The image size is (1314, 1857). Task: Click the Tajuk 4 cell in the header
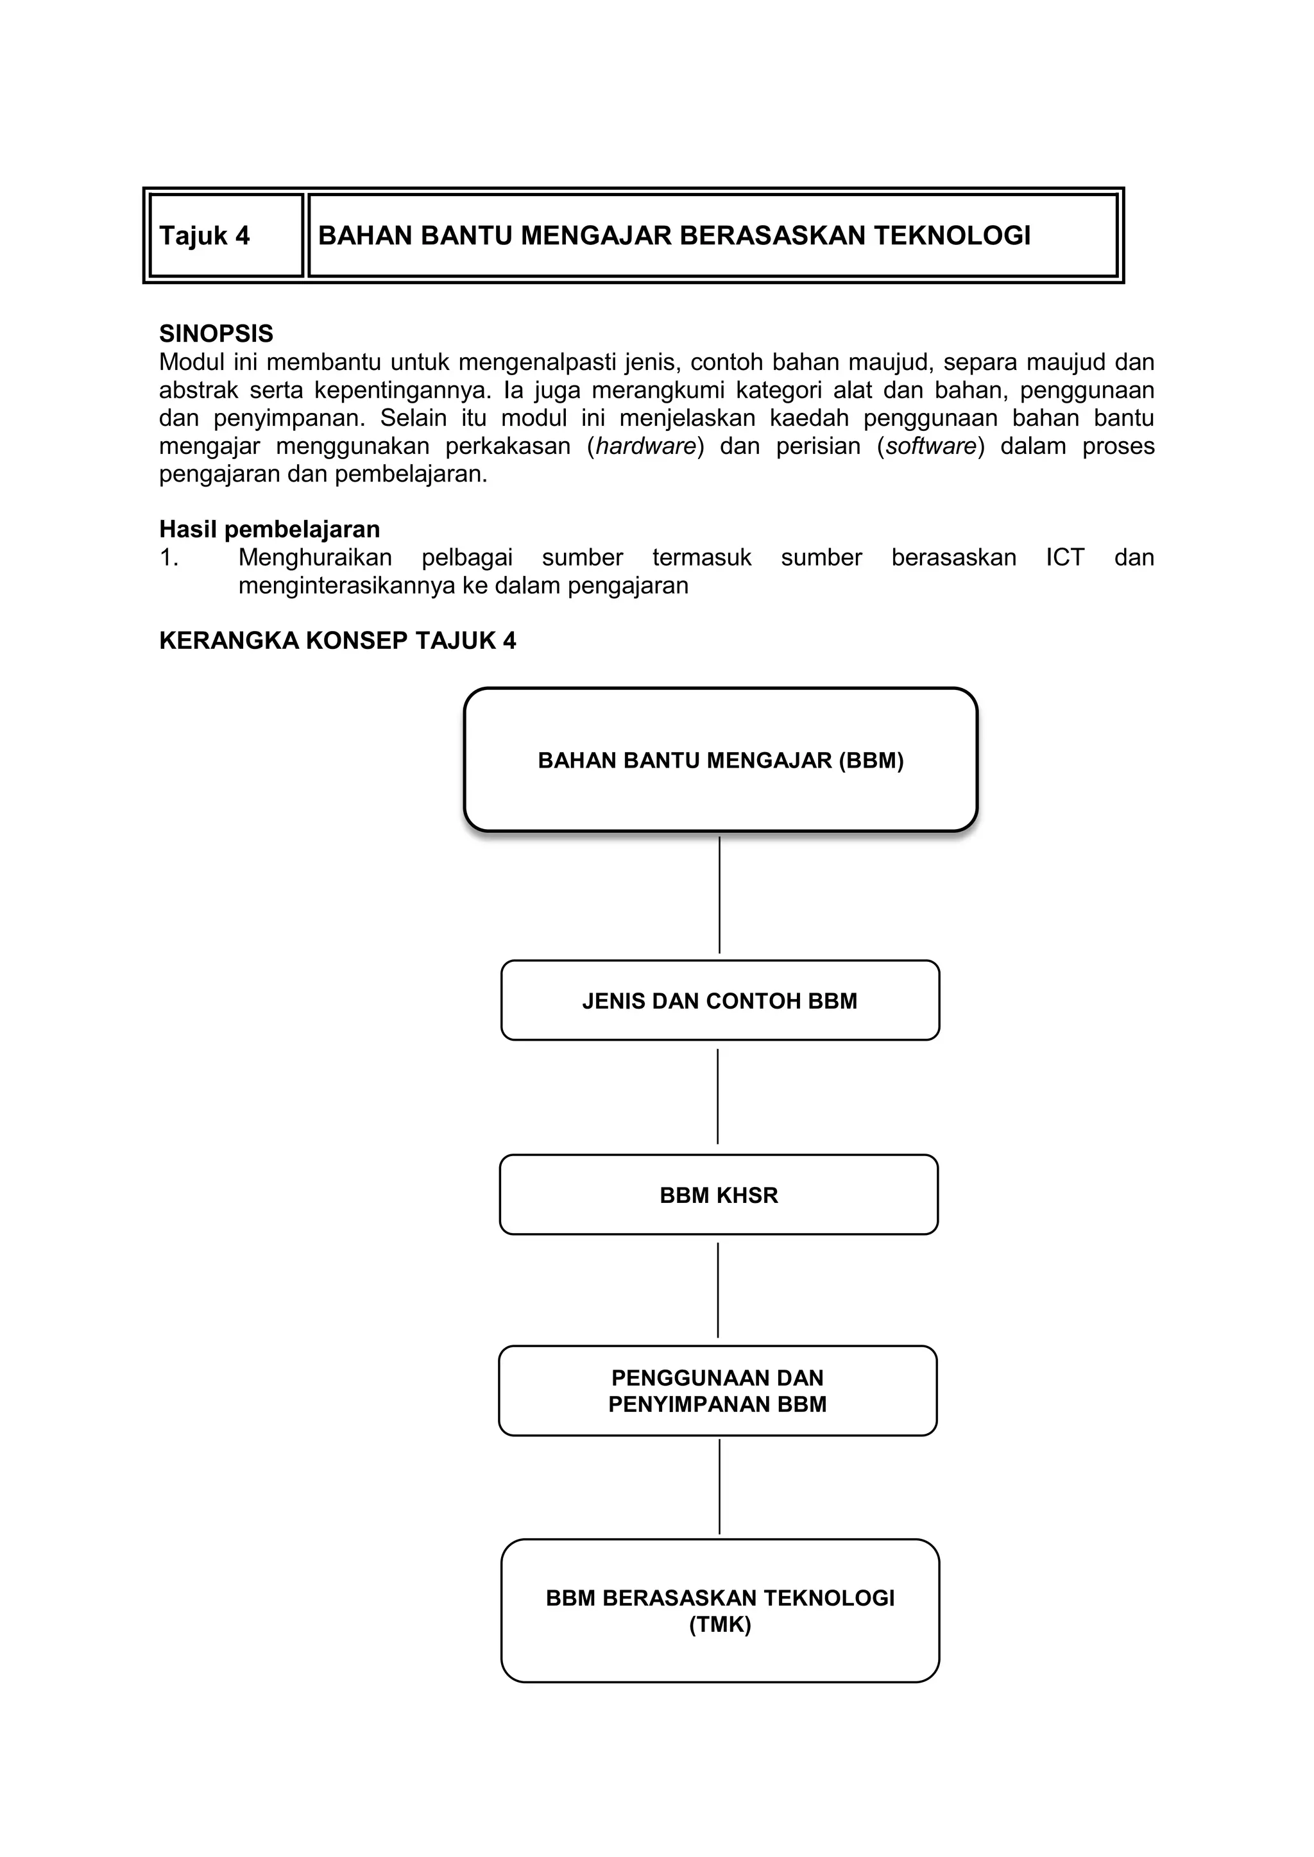(x=226, y=235)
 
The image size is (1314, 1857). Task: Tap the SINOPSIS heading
(x=216, y=333)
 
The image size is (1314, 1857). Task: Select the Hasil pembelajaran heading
(x=269, y=530)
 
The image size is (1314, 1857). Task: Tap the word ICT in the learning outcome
(x=1064, y=558)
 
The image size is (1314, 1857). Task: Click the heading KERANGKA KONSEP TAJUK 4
(x=337, y=641)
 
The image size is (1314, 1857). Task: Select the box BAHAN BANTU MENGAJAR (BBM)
(x=720, y=760)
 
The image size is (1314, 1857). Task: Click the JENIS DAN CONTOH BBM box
(x=719, y=1000)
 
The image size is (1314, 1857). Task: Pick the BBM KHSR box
(x=719, y=1195)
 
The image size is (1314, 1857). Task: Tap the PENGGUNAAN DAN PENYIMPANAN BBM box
(x=718, y=1390)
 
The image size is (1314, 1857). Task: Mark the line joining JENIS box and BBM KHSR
(x=718, y=1096)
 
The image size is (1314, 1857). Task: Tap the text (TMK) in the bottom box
(x=720, y=1625)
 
